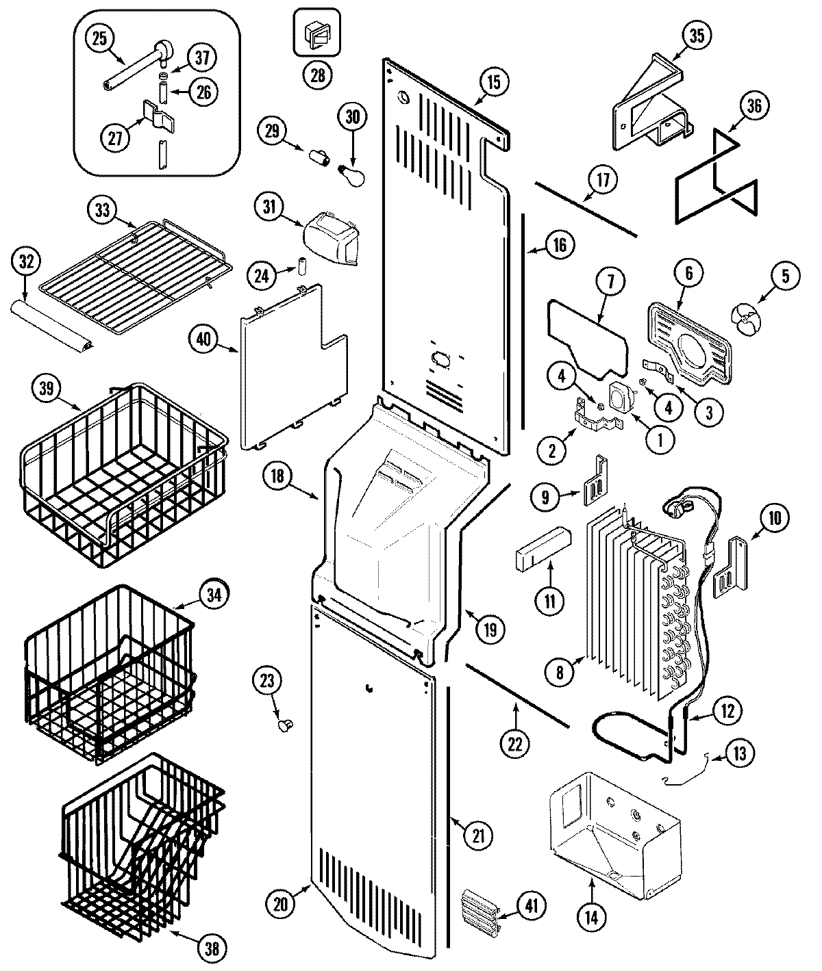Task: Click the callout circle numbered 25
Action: coord(100,39)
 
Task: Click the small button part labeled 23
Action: coord(284,724)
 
